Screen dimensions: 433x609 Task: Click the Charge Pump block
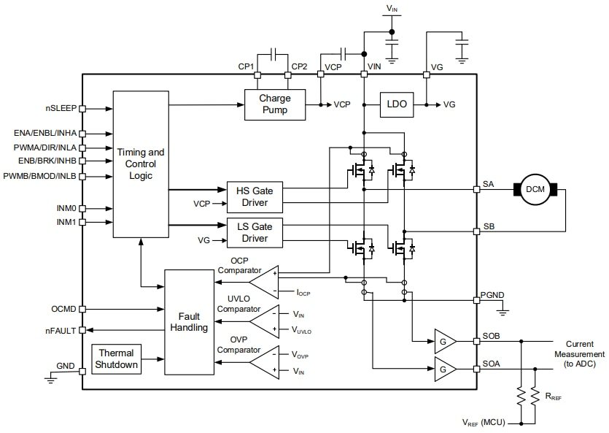coord(274,104)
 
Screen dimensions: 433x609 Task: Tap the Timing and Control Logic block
coord(141,164)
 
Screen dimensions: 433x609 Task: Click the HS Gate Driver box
coord(254,196)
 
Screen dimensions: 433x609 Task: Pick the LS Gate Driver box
coord(254,232)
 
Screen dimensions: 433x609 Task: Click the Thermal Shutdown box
coord(117,359)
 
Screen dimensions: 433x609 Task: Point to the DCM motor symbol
coord(536,189)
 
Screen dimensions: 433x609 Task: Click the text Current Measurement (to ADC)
coord(583,349)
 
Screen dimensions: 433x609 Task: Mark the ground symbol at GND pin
coord(49,378)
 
